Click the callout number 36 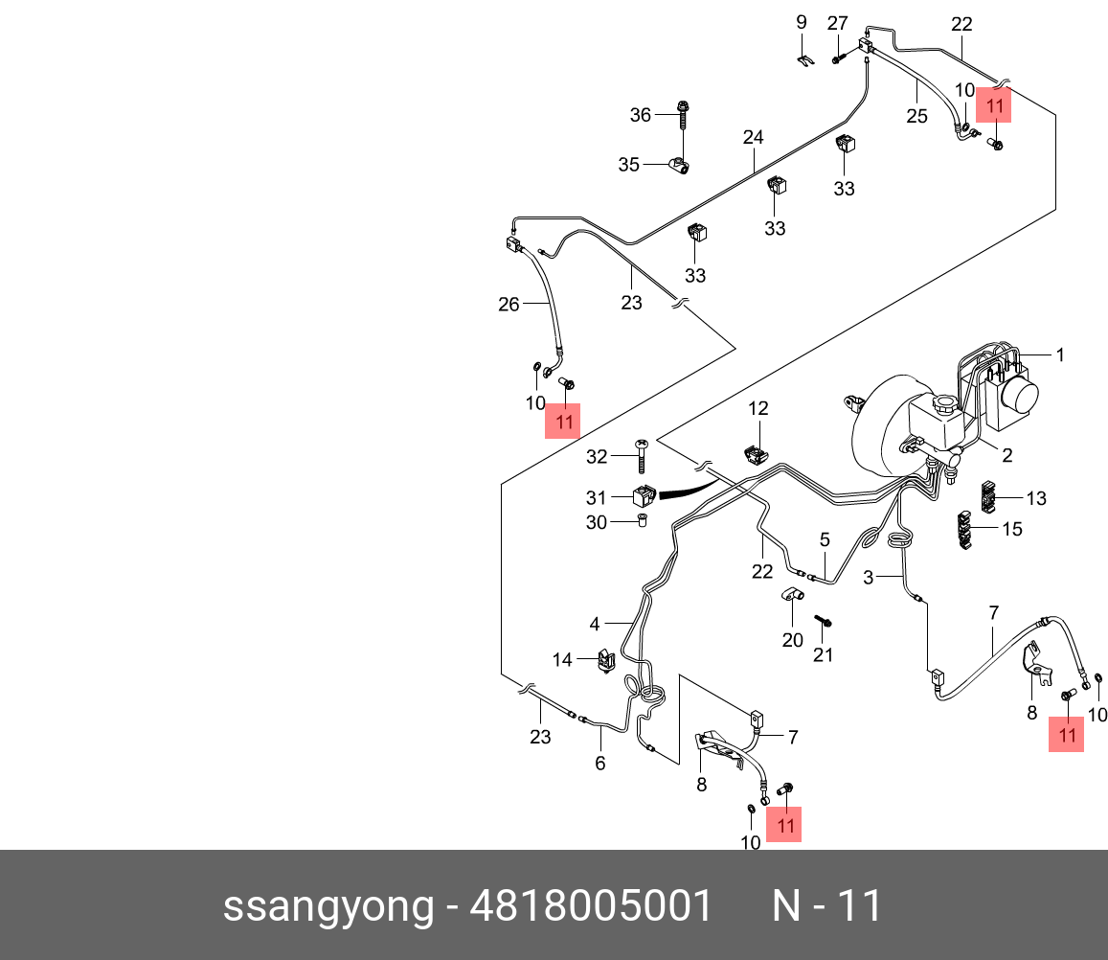coord(640,115)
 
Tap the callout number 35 coord(628,165)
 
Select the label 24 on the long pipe coord(753,138)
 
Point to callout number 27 coord(838,22)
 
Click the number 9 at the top coord(803,22)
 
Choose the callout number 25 coord(916,116)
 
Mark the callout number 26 coord(509,305)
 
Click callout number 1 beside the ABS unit coord(1060,354)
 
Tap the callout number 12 coord(758,408)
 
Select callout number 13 coord(1036,498)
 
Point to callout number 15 coord(1011,529)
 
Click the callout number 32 coord(597,457)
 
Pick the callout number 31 coord(597,497)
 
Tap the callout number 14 coord(561,659)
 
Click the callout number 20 coord(792,640)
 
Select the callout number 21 coord(824,655)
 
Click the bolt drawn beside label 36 coord(682,115)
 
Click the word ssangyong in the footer coord(328,905)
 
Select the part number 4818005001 coord(590,905)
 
